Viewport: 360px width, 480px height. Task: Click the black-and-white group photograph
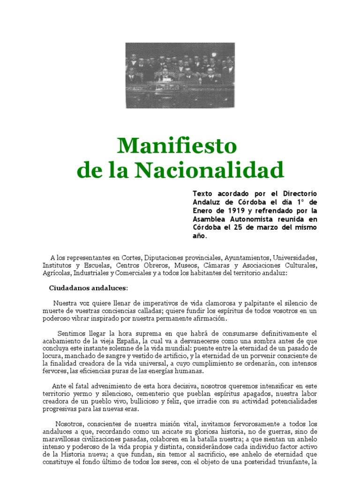point(180,75)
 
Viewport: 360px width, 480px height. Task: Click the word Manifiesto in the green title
point(177,146)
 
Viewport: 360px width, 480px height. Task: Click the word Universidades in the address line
point(295,257)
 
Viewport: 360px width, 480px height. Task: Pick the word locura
point(52,356)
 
